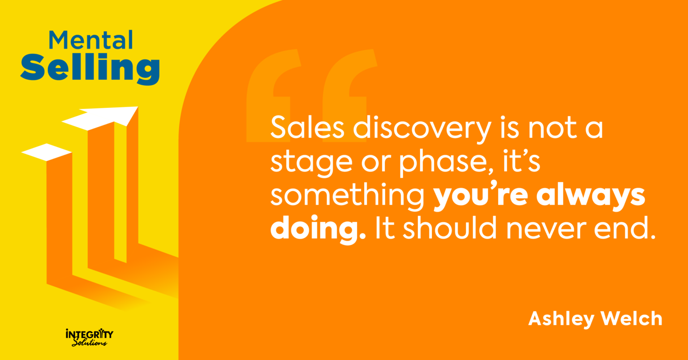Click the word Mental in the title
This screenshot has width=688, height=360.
[x=91, y=40]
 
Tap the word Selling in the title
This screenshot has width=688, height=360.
[x=90, y=68]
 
